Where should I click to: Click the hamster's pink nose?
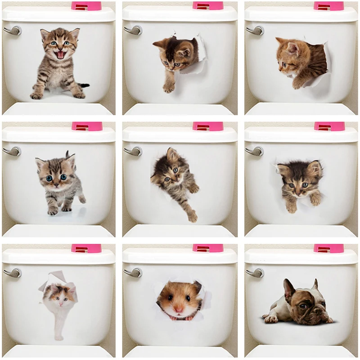click(179, 310)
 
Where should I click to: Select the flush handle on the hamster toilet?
click(133, 272)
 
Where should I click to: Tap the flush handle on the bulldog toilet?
click(255, 272)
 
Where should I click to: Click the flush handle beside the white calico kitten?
click(12, 273)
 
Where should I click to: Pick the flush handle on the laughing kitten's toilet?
click(12, 31)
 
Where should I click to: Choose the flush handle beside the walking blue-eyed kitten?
click(12, 151)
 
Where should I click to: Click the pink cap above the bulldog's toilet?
click(329, 248)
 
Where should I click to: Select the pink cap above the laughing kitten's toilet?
click(86, 6)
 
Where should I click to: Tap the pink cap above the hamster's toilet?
click(208, 248)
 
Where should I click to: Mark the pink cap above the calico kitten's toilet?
click(86, 248)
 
